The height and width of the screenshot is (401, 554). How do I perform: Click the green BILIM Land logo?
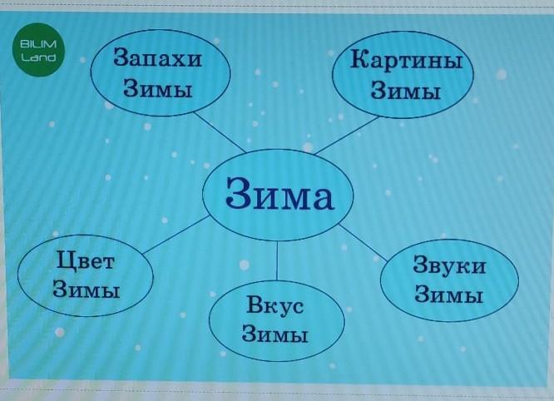click(38, 49)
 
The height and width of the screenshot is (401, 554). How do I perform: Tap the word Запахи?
click(157, 57)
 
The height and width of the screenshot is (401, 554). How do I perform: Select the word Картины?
click(406, 60)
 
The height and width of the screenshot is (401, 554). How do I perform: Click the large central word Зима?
click(279, 194)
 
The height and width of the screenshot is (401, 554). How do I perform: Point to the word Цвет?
click(86, 261)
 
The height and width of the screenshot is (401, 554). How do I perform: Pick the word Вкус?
click(275, 304)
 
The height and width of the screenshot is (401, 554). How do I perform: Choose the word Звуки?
click(449, 265)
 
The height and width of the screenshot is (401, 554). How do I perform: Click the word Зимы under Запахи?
click(158, 88)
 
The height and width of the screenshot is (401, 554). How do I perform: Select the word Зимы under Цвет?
click(87, 289)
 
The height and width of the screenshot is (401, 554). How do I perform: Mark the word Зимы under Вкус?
click(275, 333)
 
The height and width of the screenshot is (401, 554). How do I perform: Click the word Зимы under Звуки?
click(448, 294)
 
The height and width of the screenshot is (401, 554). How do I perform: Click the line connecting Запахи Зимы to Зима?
click(220, 132)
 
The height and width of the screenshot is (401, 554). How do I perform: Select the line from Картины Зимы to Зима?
click(347, 136)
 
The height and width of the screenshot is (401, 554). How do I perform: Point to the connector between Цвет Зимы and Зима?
click(176, 235)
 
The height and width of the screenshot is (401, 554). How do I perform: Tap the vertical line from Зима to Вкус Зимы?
click(277, 260)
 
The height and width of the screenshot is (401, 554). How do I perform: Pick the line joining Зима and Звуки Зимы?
click(364, 243)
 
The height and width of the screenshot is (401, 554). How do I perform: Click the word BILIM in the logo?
click(38, 44)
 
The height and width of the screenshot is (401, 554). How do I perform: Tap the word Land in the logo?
click(38, 57)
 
